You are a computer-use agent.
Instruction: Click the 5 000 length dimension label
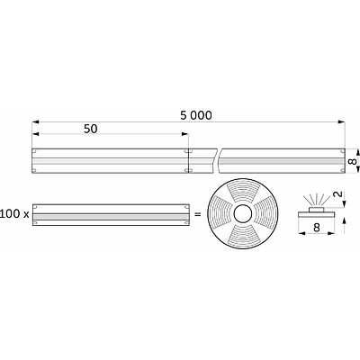(x=196, y=115)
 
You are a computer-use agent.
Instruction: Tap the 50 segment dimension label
(x=91, y=129)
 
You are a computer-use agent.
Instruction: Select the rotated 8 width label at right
(x=353, y=161)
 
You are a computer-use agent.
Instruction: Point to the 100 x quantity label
(x=14, y=214)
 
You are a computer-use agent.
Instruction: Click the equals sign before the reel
(x=198, y=214)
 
